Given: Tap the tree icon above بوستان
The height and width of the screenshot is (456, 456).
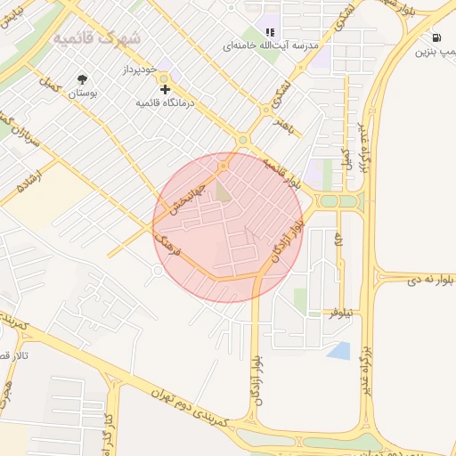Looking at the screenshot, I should coord(83,78).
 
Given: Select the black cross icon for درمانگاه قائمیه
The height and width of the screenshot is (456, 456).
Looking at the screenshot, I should coord(164,89).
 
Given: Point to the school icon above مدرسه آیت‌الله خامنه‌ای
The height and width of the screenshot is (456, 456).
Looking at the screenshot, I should coord(270,33).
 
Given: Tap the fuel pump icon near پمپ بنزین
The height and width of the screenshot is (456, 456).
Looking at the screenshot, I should coord(436,37).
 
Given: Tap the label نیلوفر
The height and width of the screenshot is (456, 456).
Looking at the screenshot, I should coord(340,313).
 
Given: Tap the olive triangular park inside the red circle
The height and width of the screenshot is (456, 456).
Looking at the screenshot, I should coord(223,190).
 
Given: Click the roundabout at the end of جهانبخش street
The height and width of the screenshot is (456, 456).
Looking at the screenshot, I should coord(224,166).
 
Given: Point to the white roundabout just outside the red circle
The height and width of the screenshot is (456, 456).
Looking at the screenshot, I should coord(158,270).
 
